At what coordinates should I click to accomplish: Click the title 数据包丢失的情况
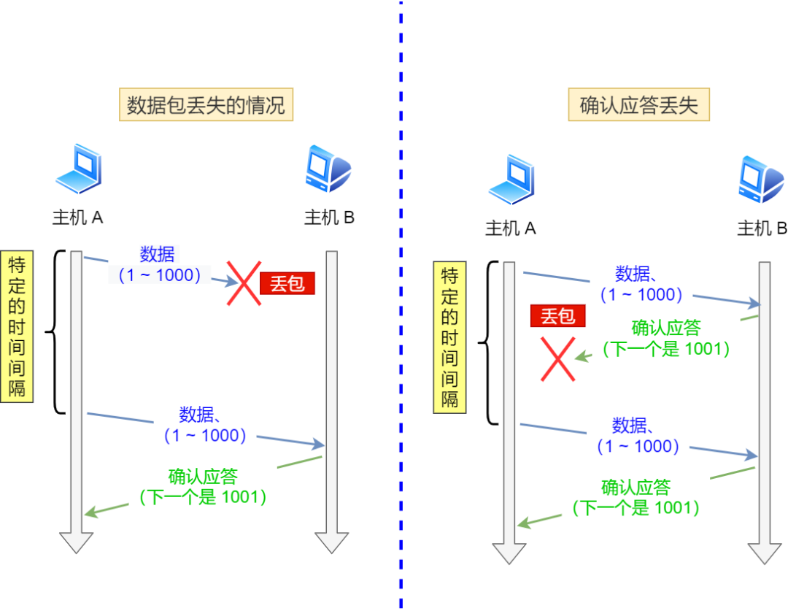206,106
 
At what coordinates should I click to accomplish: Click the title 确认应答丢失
639,106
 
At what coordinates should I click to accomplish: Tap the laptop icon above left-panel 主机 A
78,170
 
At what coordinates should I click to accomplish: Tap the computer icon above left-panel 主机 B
328,169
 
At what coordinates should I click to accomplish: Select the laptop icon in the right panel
511,180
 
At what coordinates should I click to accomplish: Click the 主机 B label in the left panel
329,218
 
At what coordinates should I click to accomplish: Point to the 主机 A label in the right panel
511,228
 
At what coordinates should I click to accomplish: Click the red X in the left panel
243,283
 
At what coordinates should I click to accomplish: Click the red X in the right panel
557,358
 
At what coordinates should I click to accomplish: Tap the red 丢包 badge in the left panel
287,283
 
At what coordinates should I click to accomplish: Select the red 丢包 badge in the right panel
557,316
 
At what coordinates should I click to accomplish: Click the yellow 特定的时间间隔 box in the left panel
18,326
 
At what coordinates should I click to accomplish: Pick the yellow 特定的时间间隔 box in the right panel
450,337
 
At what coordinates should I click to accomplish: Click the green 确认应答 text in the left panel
203,477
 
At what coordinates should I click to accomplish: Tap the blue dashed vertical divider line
401,307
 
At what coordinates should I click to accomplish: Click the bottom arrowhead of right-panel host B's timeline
764,553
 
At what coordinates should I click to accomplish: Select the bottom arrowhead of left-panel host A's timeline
76,542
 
